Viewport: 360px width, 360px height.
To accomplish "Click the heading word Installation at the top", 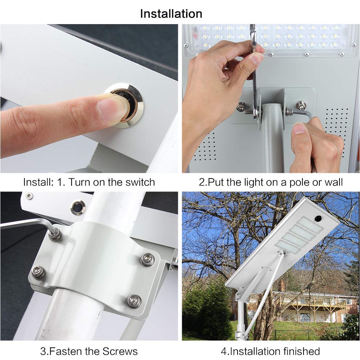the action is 171,14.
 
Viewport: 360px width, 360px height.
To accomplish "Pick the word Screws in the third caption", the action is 120,351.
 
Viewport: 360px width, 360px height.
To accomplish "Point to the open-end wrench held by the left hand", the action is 255,71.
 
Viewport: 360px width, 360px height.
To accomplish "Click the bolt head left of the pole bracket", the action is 242,107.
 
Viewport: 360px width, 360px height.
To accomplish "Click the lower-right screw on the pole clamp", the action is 134,301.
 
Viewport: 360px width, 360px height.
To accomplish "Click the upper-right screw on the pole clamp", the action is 147,260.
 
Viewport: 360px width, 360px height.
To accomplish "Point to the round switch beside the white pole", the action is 78,208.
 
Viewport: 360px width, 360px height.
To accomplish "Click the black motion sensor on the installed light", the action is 318,218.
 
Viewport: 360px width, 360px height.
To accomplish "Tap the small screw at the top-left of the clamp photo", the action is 29,196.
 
